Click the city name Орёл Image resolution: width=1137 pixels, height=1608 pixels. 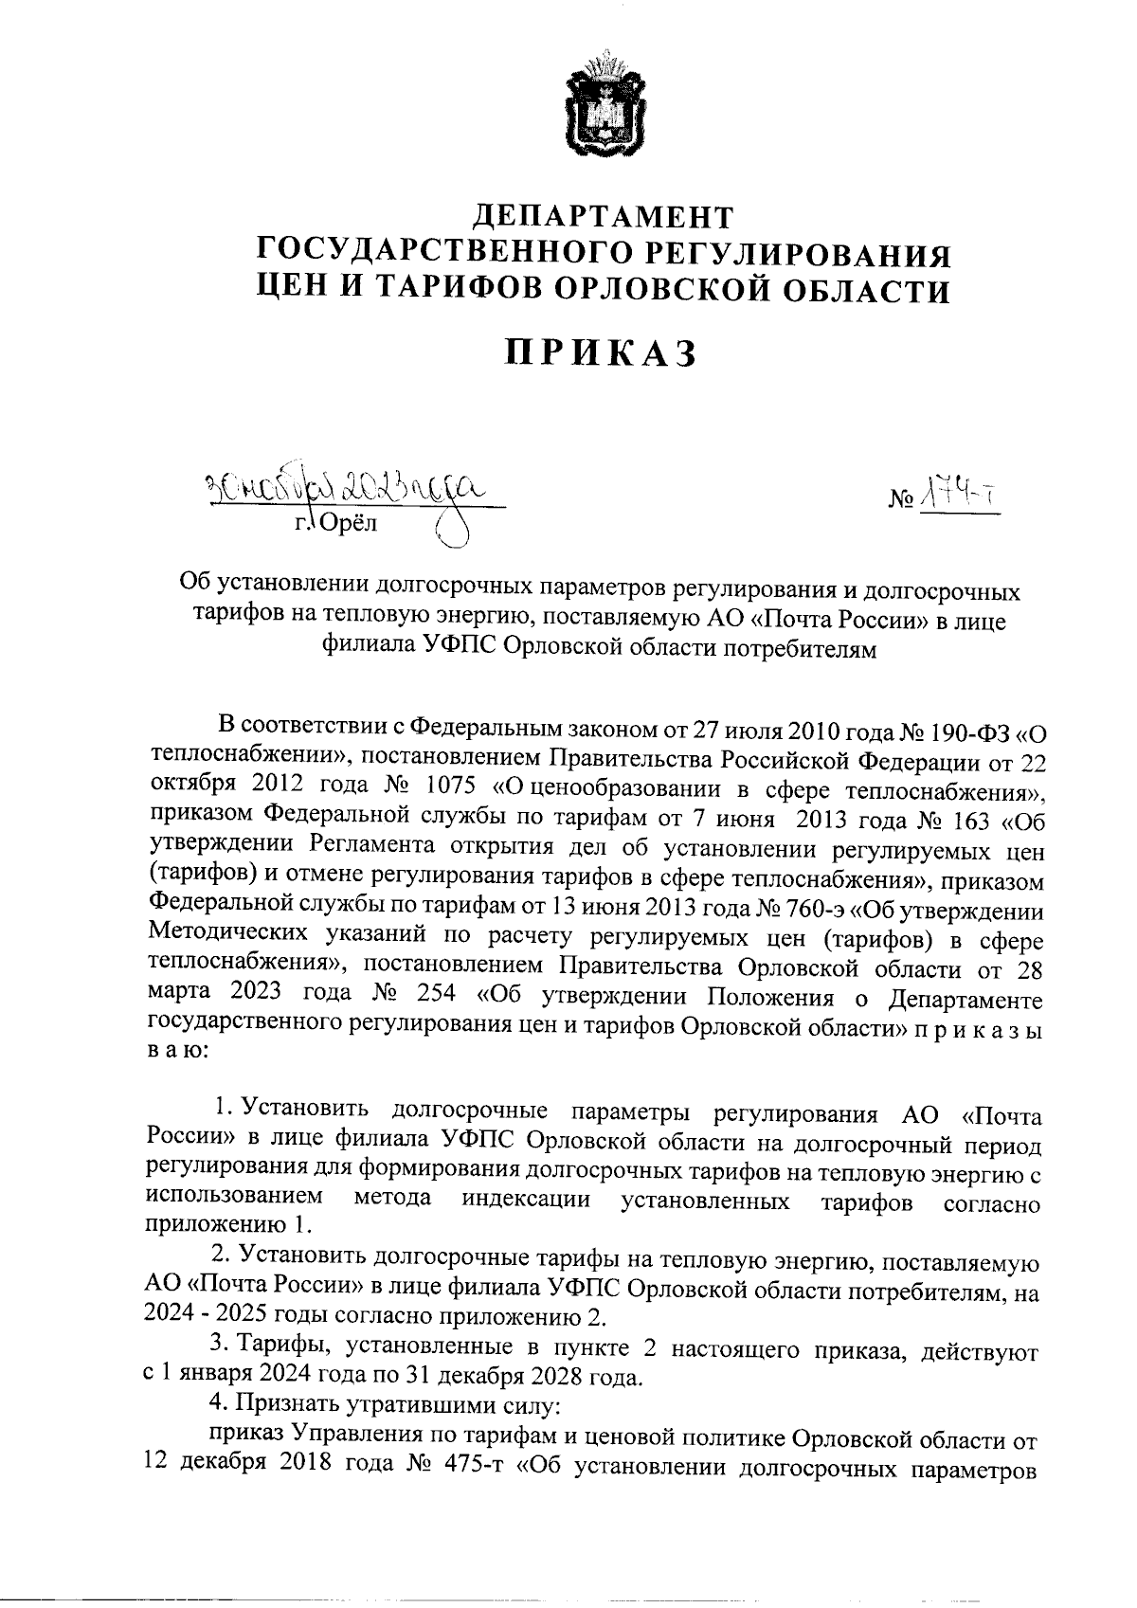pos(348,523)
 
